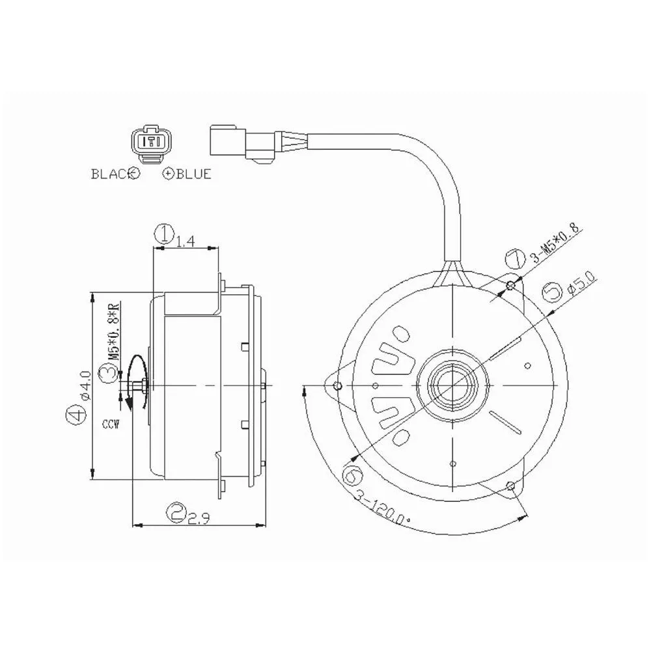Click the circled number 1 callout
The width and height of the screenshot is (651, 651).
coord(165,234)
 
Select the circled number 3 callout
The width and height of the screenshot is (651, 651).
coord(108,372)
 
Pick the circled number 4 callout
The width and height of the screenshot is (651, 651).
coord(76,415)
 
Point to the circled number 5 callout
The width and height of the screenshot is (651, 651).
coord(553,292)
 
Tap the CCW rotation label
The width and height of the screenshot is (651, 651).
coord(111,424)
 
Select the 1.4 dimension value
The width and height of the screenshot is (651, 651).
coord(185,242)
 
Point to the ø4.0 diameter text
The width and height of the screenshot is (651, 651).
coord(85,385)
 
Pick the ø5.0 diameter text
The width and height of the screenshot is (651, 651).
coord(581,283)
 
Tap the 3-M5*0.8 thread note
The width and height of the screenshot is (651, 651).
coord(556,245)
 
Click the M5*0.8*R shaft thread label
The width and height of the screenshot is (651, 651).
coord(114,331)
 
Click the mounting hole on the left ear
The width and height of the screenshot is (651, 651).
coord(338,386)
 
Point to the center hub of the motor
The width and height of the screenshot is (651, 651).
coord(452,385)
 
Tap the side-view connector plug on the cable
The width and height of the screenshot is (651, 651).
coord(243,142)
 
